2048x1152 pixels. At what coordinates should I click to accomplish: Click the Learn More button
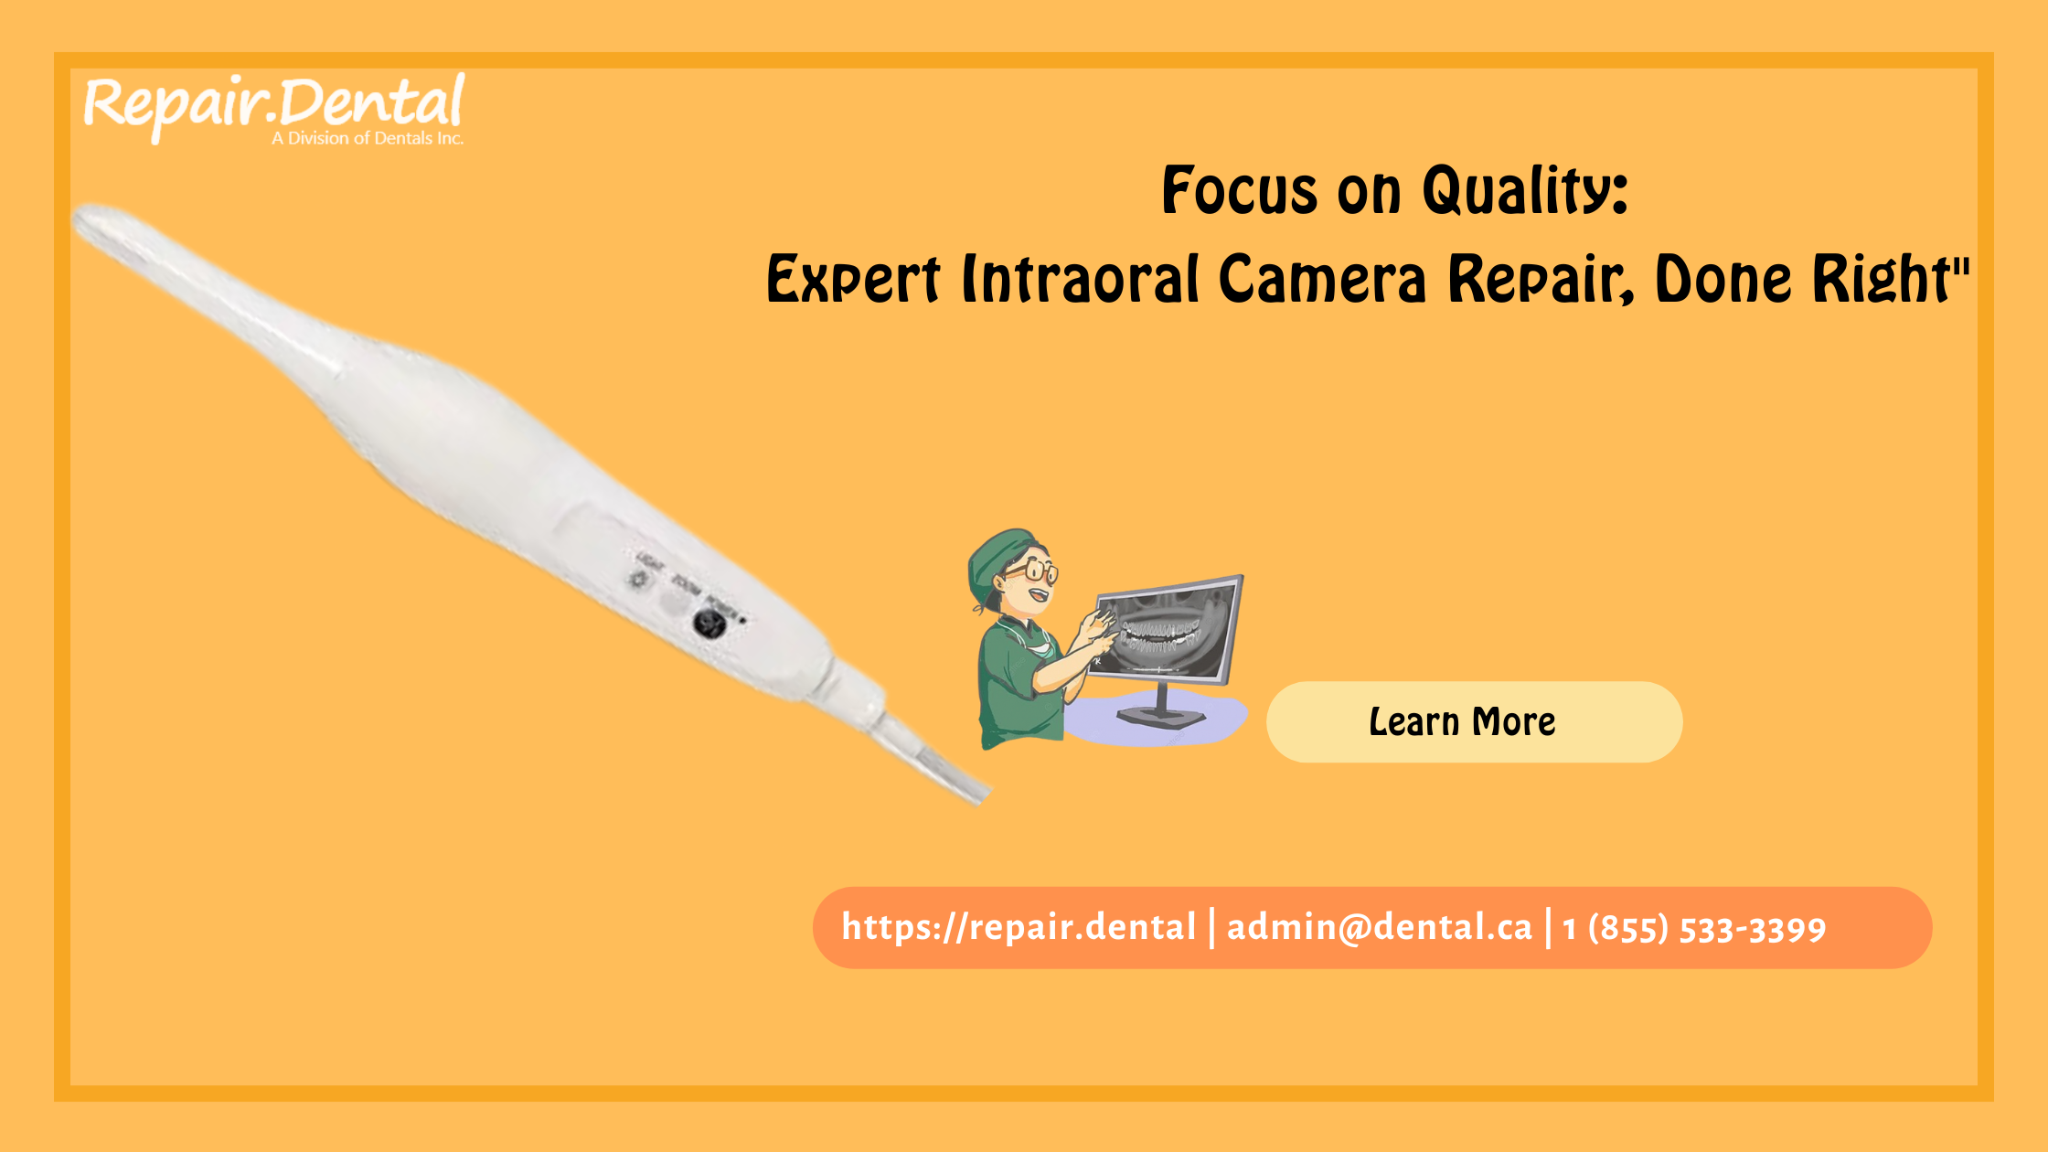pos(1473,722)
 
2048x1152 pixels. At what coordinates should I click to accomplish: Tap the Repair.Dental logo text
pos(274,103)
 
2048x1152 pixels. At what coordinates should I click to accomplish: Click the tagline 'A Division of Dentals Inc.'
pos(368,139)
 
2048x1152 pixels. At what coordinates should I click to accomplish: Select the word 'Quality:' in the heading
pos(1524,191)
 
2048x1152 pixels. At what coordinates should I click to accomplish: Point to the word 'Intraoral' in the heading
pos(1080,280)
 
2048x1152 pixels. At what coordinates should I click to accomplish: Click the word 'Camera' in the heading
pos(1322,280)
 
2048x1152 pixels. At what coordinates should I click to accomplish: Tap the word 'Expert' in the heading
pos(852,280)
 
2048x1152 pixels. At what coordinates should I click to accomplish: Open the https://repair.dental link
pos(1019,928)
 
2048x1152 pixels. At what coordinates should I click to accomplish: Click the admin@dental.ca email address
pos(1379,928)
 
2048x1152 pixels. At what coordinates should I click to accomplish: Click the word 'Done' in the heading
pos(1723,280)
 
